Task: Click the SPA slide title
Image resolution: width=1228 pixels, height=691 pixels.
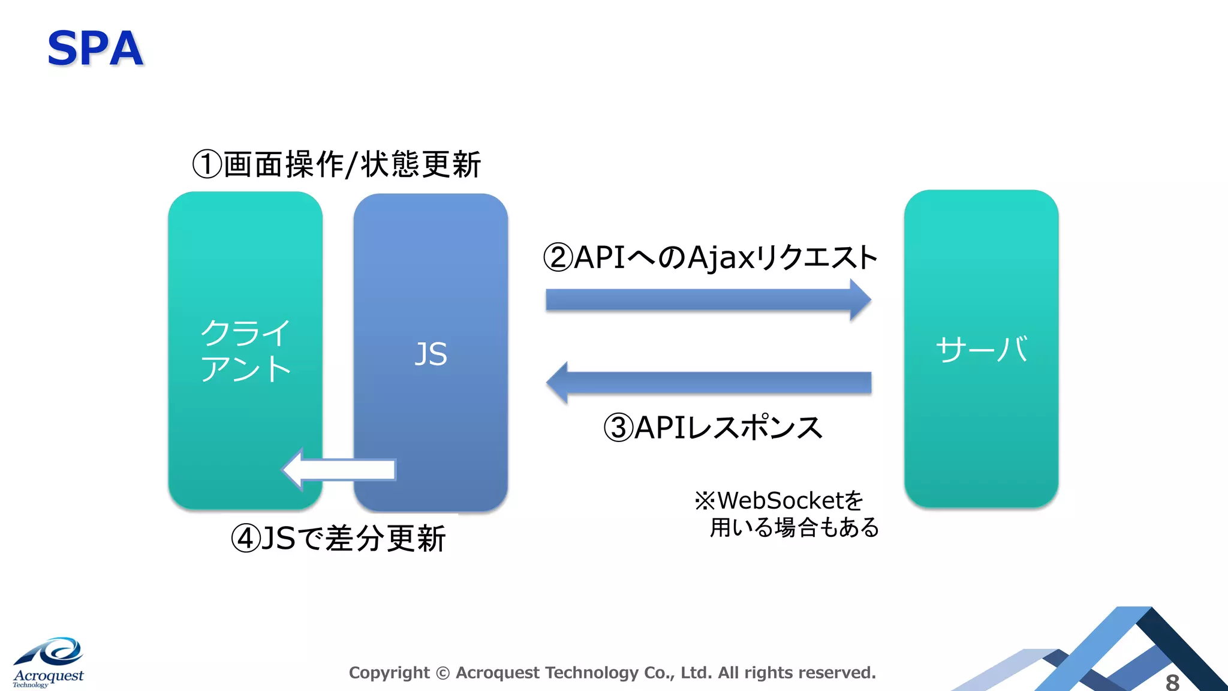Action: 95,49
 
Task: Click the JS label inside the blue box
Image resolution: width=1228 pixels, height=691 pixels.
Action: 431,354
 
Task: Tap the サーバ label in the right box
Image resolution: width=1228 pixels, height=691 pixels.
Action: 982,349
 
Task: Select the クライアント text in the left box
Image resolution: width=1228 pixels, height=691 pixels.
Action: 245,350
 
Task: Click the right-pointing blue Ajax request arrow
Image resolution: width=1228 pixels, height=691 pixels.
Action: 708,299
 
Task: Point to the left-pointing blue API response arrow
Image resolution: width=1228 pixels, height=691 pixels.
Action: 708,383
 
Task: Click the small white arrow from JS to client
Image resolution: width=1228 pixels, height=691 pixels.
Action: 339,470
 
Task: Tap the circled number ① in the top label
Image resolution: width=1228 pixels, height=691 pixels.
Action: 207,164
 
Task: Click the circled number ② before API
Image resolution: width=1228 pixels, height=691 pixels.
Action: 558,257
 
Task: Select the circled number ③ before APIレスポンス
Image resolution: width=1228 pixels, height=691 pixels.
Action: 618,428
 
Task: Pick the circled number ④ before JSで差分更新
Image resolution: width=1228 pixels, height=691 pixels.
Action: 246,538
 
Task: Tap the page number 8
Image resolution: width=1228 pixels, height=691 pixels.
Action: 1172,682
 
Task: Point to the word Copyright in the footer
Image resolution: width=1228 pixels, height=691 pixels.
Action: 389,673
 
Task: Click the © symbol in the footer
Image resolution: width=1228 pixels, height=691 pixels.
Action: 443,674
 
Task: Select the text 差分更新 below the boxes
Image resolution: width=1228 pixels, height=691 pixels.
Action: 386,538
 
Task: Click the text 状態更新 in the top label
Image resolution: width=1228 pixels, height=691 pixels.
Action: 421,164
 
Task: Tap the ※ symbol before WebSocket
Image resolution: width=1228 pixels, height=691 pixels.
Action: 705,500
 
